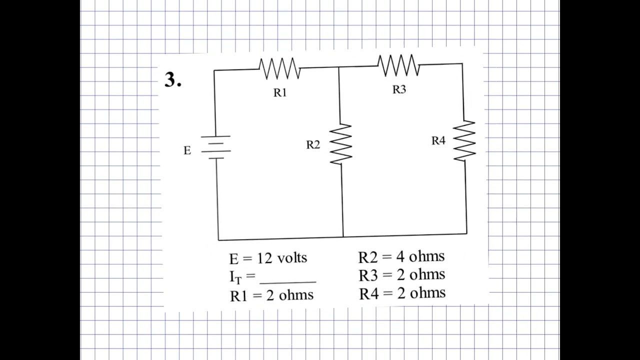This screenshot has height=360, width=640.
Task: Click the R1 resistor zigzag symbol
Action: (280, 68)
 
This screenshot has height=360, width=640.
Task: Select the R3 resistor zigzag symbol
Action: (398, 65)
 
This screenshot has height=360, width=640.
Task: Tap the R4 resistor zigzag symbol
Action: (464, 140)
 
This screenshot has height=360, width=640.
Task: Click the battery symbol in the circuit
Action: (216, 147)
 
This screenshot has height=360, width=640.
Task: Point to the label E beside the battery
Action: (187, 150)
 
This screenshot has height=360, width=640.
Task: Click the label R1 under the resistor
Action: (280, 92)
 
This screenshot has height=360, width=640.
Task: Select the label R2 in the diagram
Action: (313, 145)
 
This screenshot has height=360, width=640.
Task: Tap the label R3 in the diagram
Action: (399, 89)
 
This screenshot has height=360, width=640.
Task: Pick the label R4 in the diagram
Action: (438, 141)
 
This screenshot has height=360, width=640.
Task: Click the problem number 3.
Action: (172, 80)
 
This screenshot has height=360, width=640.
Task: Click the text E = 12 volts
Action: (268, 258)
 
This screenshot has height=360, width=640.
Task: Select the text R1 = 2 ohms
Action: (271, 295)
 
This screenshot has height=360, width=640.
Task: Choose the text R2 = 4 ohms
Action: (401, 257)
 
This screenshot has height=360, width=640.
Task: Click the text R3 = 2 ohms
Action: (401, 275)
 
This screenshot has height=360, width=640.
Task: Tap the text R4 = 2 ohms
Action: (402, 293)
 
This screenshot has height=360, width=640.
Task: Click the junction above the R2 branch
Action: (339, 67)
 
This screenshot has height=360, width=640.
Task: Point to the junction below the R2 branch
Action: (343, 236)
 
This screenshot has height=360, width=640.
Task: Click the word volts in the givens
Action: (292, 258)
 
